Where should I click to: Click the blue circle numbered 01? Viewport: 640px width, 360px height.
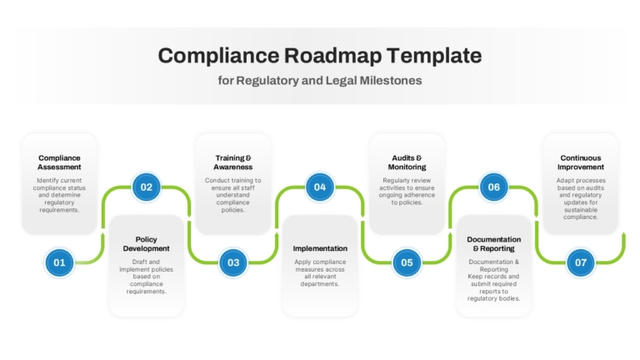pos(60,262)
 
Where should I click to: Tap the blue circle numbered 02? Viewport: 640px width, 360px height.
pos(146,187)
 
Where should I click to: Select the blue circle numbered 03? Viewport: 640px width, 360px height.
pos(233,262)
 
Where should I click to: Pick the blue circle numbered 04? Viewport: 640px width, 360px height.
pos(320,187)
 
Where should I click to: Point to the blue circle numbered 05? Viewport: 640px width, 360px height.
pos(407,262)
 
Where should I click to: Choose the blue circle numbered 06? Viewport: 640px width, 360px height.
pos(494,187)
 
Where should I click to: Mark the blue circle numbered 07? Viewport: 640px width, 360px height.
pos(581,262)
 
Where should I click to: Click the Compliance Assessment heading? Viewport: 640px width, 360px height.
pos(59,162)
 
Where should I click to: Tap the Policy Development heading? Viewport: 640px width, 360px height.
pos(146,243)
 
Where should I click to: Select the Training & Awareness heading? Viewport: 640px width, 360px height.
pos(233,162)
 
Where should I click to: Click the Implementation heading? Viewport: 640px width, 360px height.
pos(320,248)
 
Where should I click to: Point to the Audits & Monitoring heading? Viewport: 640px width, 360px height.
pos(407,162)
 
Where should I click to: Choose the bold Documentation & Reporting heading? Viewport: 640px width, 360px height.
pos(494,243)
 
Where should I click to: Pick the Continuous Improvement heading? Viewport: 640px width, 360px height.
pos(580,162)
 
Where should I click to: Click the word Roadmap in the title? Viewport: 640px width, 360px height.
pos(332,56)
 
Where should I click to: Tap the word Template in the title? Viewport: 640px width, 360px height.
pos(434,55)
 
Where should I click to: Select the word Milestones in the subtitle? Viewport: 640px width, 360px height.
pos(391,80)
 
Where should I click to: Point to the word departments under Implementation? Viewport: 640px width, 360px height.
pos(320,284)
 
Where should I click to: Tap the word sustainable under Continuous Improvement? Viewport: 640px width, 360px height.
pos(580,210)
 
